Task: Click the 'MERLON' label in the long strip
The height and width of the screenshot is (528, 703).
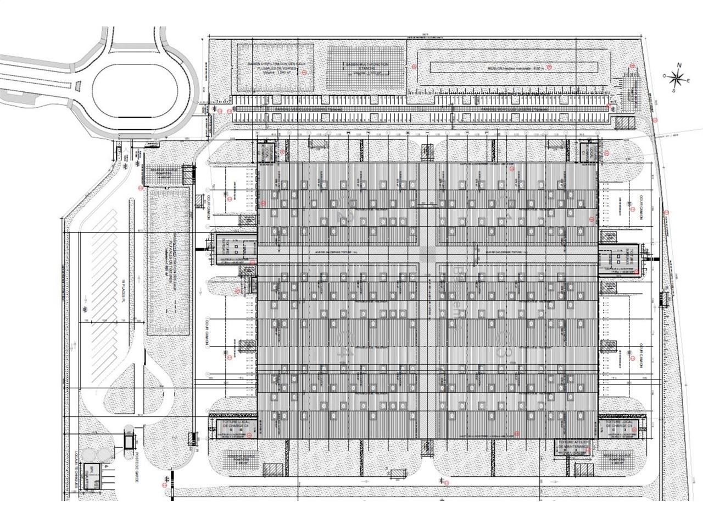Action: pyautogui.click(x=514, y=67)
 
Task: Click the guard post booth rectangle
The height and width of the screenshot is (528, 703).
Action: pyautogui.click(x=129, y=441)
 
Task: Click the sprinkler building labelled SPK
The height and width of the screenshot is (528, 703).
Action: pyautogui.click(x=91, y=472)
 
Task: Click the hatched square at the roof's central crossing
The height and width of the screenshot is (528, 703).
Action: pyautogui.click(x=427, y=254)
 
